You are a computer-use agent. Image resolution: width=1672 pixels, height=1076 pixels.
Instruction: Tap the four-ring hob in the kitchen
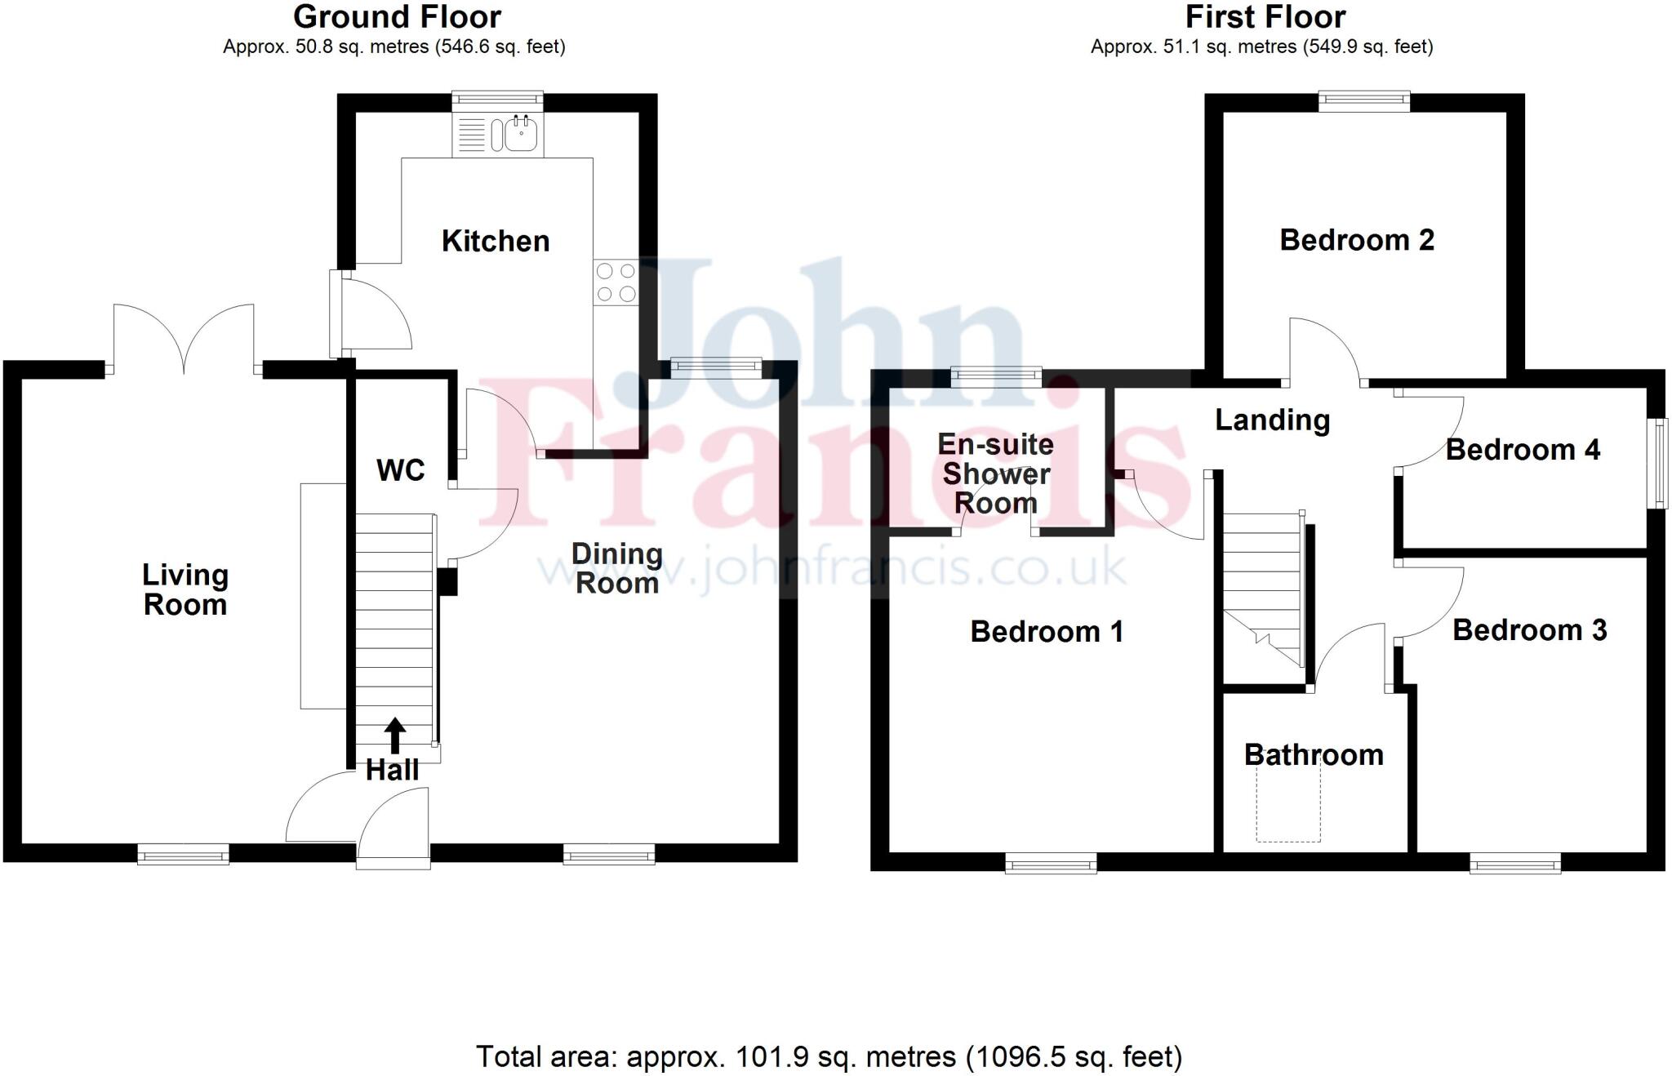(x=616, y=282)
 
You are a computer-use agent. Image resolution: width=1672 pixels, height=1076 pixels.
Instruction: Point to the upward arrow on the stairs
(x=395, y=735)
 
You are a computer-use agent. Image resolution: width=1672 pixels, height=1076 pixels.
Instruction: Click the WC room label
(x=400, y=470)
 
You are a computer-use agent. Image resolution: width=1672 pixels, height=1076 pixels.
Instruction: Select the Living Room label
(x=185, y=589)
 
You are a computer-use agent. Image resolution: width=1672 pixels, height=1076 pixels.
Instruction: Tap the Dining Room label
(x=616, y=568)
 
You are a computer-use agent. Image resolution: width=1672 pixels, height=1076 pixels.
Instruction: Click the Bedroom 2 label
(x=1356, y=240)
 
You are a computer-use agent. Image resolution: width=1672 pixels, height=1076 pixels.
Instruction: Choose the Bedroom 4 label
(x=1523, y=450)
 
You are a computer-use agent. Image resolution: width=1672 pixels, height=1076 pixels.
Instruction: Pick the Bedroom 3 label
(x=1529, y=630)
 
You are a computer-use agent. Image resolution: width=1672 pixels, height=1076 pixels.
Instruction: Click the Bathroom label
(x=1314, y=755)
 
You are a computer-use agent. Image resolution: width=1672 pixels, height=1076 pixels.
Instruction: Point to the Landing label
(x=1272, y=420)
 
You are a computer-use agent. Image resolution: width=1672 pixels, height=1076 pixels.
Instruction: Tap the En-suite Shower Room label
(x=995, y=474)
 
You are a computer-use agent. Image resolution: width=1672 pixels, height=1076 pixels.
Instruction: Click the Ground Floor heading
(x=397, y=16)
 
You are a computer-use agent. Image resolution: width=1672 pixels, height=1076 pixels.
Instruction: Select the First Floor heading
(x=1265, y=16)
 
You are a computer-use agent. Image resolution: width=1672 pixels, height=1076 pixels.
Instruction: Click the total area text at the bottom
(x=829, y=1056)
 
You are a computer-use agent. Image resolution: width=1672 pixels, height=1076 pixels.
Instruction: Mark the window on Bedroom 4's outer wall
(x=1657, y=464)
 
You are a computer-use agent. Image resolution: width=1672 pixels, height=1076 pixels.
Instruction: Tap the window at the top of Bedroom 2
(x=1364, y=101)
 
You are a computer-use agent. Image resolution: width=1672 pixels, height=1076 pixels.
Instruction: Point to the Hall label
(x=392, y=770)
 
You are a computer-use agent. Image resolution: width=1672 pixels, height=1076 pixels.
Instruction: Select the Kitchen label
(x=496, y=242)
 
